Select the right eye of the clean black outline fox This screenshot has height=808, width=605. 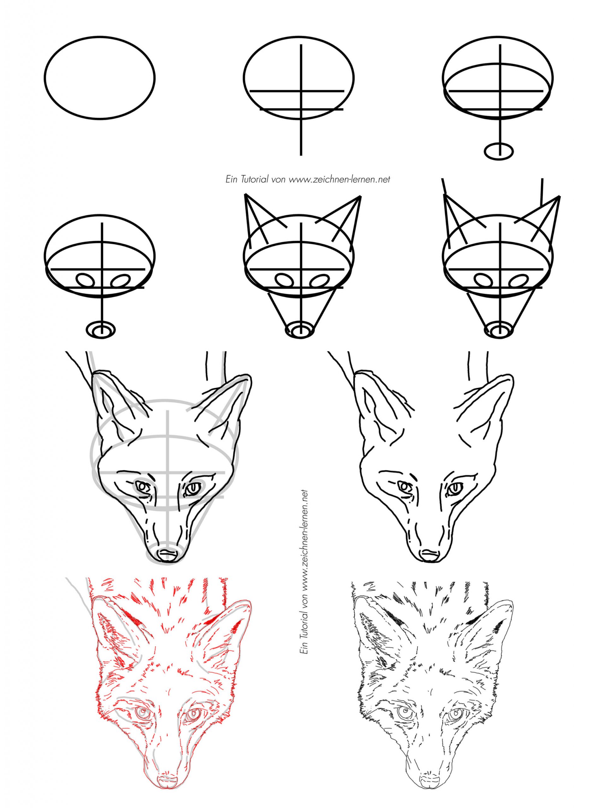click(x=454, y=488)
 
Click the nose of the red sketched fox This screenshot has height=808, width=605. click(x=168, y=778)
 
